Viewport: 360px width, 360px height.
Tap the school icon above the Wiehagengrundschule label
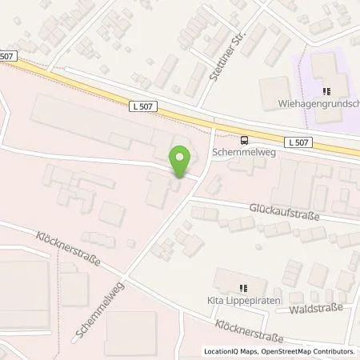click(x=326, y=90)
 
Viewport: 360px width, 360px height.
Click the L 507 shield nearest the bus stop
click(x=298, y=142)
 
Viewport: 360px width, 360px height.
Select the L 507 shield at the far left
click(x=6, y=55)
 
